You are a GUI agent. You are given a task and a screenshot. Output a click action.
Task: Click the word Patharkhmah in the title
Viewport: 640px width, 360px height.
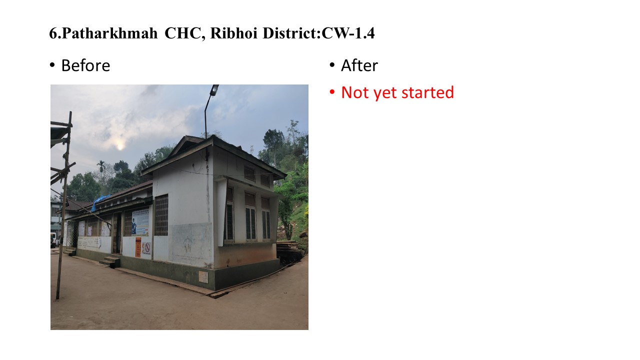coord(109,33)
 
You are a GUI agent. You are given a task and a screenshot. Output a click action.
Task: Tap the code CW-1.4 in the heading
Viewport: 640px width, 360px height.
coord(348,33)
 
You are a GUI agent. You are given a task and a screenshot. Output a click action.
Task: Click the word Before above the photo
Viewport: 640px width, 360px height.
coord(85,65)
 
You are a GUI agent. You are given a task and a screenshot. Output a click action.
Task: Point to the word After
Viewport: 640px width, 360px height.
coord(359,65)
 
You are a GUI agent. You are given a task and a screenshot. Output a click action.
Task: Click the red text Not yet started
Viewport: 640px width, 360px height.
coord(397,92)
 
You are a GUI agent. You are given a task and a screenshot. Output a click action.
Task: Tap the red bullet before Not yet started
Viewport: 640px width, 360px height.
coord(332,92)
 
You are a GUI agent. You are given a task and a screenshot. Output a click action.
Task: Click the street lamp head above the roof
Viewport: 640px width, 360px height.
coord(214,90)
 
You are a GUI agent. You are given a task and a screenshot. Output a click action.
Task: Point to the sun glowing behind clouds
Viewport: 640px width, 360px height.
coord(120,146)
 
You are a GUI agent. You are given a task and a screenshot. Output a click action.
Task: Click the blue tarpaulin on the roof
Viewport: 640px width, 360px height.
coord(100,202)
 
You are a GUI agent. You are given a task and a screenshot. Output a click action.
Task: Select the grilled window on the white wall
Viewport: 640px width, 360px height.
coord(161,215)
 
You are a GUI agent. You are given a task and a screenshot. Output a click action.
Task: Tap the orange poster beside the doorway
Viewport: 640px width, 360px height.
coord(138,247)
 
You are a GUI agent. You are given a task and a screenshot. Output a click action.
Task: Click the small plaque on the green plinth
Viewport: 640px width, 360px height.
coord(203,277)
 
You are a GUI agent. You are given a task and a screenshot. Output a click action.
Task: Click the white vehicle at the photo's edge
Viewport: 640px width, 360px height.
coord(53,239)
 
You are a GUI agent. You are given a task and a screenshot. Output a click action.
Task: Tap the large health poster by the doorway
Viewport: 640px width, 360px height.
coord(140,222)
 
